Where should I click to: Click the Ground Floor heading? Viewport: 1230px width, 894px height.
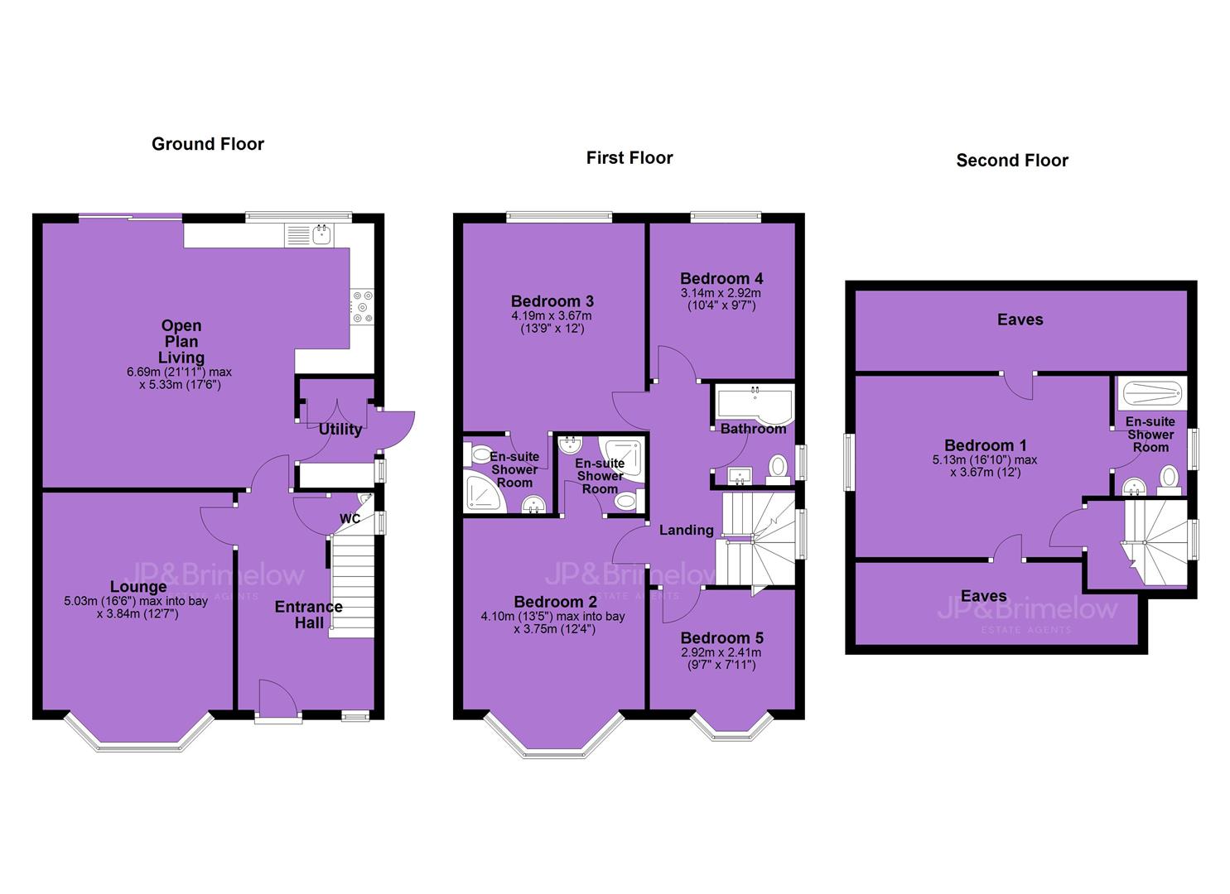pyautogui.click(x=208, y=144)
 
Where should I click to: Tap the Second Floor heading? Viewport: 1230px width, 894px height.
pyautogui.click(x=1012, y=161)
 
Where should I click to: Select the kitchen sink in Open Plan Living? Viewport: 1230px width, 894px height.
pyautogui.click(x=321, y=235)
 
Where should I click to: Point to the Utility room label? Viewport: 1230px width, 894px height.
pyautogui.click(x=340, y=429)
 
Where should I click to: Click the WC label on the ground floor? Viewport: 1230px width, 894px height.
pyautogui.click(x=350, y=519)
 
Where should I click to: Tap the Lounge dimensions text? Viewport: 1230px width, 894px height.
pyautogui.click(x=136, y=607)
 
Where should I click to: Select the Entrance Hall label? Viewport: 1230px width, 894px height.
pyautogui.click(x=309, y=615)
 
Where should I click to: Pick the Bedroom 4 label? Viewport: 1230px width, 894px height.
pyautogui.click(x=721, y=278)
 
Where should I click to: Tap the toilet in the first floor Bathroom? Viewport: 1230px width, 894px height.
pyautogui.click(x=778, y=469)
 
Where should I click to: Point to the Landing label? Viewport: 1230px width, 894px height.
pyautogui.click(x=687, y=530)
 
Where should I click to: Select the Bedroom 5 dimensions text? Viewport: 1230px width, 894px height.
pyautogui.click(x=721, y=659)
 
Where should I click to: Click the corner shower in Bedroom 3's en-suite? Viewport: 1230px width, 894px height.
pyautogui.click(x=483, y=493)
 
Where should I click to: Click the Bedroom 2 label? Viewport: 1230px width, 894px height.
pyautogui.click(x=555, y=602)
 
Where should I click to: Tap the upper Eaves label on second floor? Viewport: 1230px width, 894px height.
pyautogui.click(x=1020, y=320)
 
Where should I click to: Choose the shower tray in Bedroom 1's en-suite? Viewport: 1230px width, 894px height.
pyautogui.click(x=1151, y=394)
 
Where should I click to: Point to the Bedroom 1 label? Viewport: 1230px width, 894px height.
pyautogui.click(x=985, y=445)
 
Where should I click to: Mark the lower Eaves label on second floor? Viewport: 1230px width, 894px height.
pyautogui.click(x=983, y=596)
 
